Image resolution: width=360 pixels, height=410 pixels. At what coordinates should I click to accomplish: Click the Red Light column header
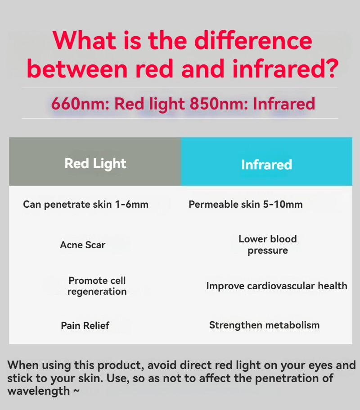(95, 164)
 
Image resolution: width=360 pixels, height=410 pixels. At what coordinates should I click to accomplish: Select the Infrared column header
(266, 165)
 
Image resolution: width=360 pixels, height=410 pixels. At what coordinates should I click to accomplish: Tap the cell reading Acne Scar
(82, 245)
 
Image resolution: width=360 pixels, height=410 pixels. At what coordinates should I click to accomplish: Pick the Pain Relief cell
(85, 326)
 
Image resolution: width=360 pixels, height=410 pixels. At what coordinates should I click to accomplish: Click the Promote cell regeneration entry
(97, 286)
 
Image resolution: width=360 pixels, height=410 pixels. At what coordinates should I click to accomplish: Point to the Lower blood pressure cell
(268, 245)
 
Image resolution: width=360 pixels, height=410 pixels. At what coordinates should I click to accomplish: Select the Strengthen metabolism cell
(265, 325)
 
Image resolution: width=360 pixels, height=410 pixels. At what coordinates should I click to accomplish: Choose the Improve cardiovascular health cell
(277, 286)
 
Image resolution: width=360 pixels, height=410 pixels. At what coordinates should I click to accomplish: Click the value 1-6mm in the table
(132, 204)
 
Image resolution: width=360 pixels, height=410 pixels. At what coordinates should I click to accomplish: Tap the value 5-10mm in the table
(283, 204)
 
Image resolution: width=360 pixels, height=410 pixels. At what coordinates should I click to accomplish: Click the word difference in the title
(253, 40)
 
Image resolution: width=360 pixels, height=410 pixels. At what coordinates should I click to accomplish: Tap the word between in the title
(77, 68)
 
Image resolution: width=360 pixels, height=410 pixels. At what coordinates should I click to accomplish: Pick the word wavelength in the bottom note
(38, 392)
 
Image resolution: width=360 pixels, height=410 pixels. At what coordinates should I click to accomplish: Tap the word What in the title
(84, 40)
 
